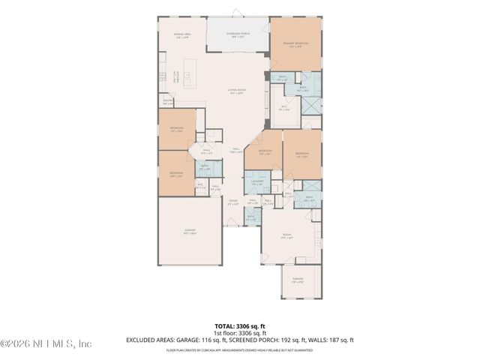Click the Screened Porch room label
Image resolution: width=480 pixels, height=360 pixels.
point(238,34)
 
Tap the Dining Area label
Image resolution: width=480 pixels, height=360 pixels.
point(182,36)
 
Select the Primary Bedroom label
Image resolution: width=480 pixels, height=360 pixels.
point(295,44)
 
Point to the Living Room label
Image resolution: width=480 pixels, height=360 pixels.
point(237,92)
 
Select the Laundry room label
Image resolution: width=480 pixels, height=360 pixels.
point(256,182)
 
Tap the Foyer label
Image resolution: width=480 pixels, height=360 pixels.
point(233,201)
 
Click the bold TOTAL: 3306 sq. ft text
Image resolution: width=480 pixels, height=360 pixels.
point(240,326)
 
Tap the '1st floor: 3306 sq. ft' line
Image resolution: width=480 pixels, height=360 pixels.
point(240,333)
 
